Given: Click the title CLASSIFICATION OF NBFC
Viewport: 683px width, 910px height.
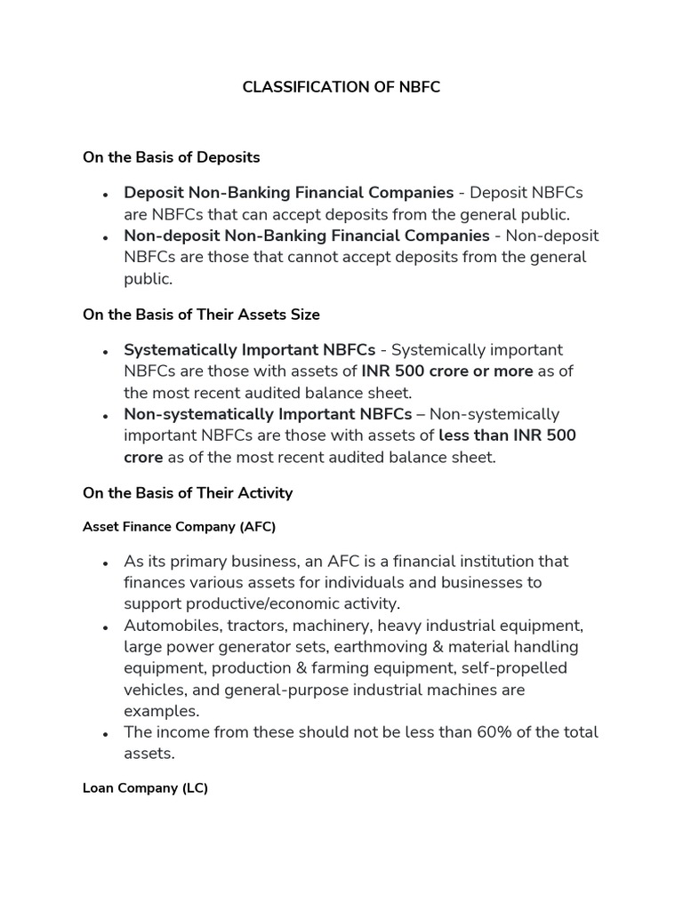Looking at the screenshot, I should click(x=341, y=88).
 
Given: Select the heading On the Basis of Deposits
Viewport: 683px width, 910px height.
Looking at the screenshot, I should click(x=171, y=157).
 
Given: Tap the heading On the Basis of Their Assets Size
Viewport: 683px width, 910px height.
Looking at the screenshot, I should click(x=201, y=315).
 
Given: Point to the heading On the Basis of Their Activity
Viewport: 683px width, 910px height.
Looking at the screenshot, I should click(x=187, y=492).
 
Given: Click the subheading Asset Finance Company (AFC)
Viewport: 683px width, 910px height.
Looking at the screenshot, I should click(x=179, y=527).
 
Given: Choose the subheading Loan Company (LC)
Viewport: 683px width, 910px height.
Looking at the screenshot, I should click(x=145, y=787).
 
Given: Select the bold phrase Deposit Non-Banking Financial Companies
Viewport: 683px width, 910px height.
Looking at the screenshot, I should click(x=288, y=193).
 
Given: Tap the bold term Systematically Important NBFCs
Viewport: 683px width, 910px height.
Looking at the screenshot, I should click(x=249, y=350).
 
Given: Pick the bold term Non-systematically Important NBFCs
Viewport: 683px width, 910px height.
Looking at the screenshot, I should click(x=268, y=414).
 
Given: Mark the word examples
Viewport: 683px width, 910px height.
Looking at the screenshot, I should click(x=162, y=711).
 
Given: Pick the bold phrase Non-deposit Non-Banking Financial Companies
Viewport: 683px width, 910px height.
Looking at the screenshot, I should click(x=307, y=235).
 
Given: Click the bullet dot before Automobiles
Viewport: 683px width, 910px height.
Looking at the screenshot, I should click(x=105, y=627).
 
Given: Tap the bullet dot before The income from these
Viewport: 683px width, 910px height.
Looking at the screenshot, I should click(x=105, y=734).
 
